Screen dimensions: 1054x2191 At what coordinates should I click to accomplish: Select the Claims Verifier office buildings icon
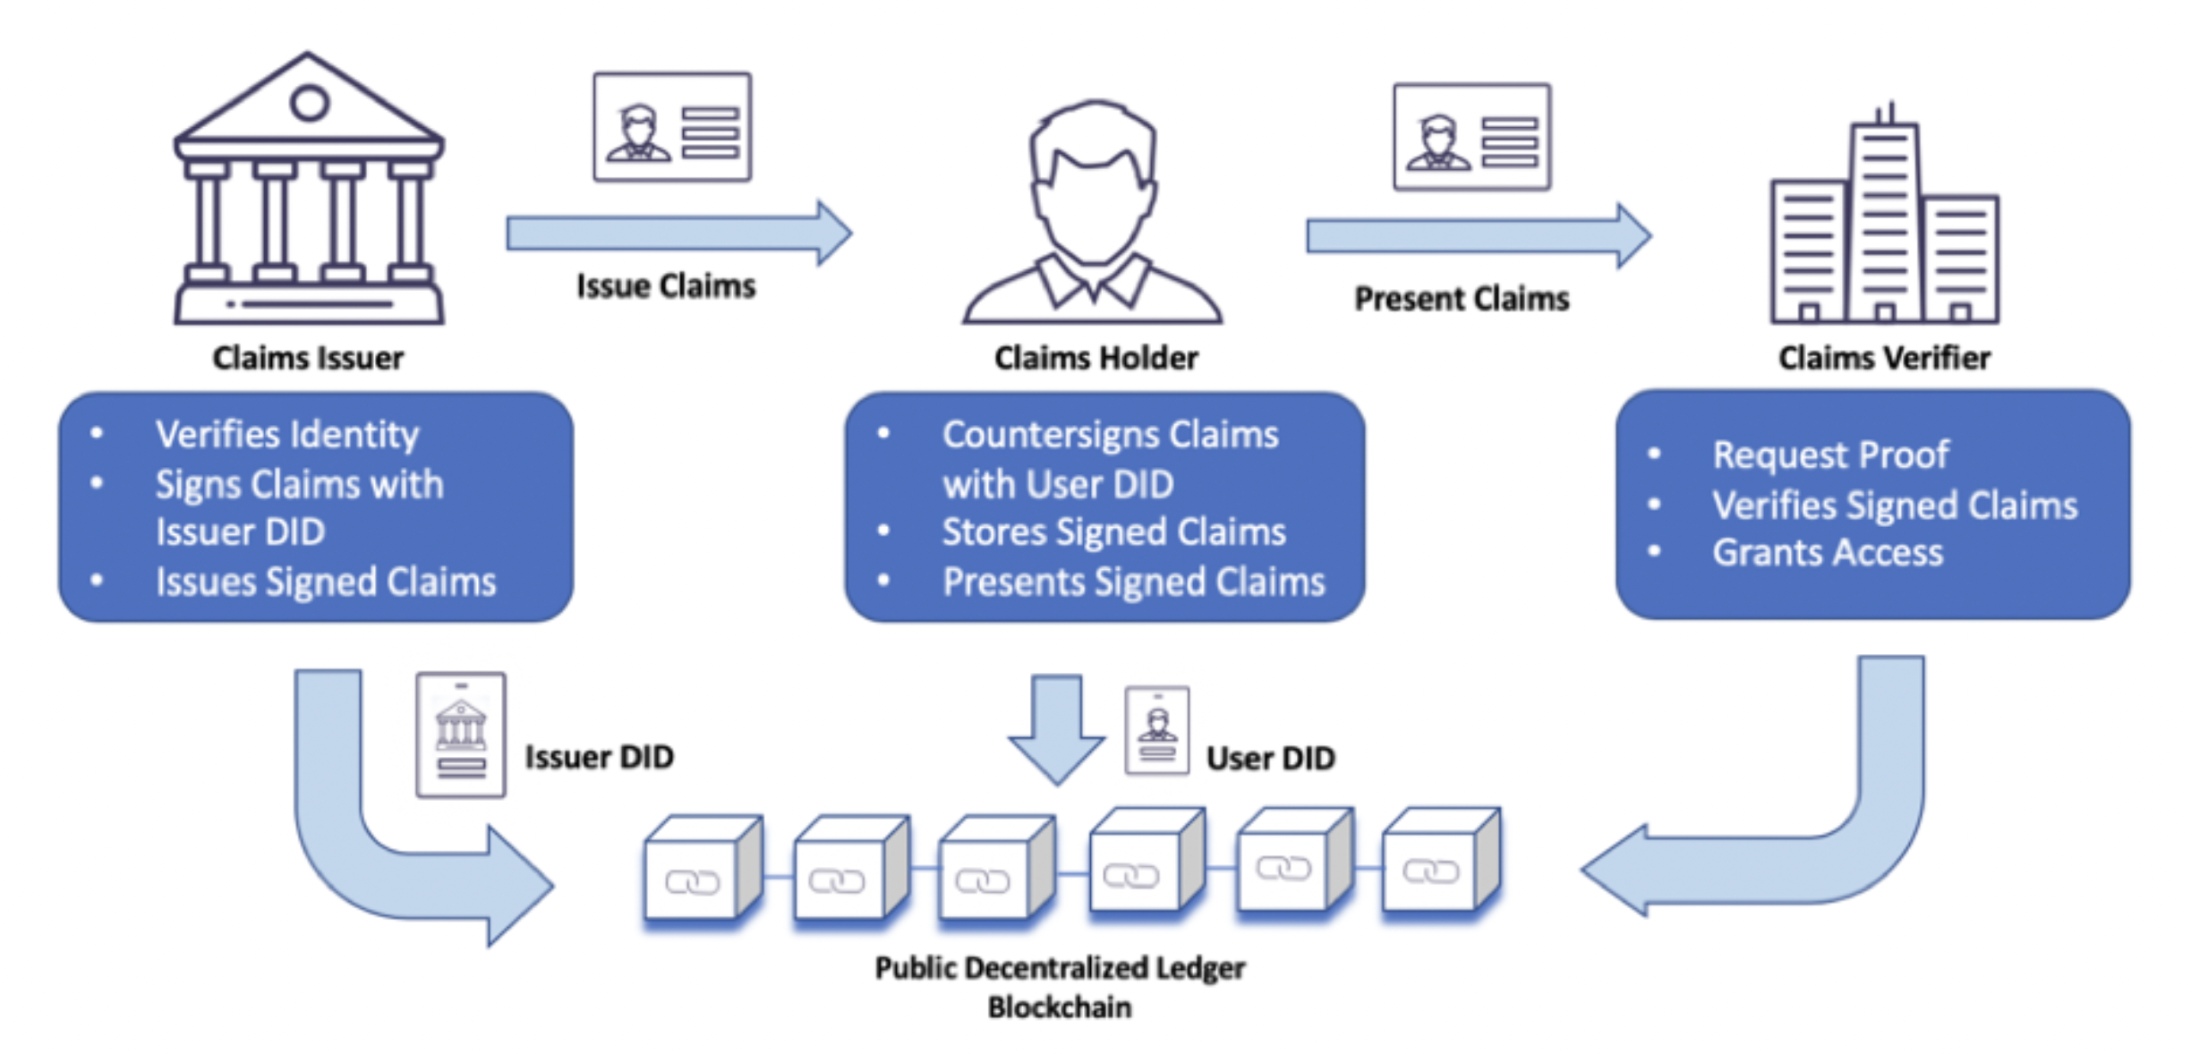(1884, 219)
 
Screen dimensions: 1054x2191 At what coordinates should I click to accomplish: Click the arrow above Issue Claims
(678, 234)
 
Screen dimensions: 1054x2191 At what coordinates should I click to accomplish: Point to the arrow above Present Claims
(1479, 236)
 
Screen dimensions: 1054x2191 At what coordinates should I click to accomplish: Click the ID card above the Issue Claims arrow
(672, 127)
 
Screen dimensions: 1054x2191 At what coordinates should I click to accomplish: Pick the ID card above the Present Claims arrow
(1471, 137)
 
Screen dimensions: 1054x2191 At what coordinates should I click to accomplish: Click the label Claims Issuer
(308, 358)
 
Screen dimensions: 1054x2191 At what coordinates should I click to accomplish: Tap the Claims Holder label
(1095, 358)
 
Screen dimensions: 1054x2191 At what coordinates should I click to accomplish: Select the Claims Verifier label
(1884, 358)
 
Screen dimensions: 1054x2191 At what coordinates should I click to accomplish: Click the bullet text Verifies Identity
(286, 435)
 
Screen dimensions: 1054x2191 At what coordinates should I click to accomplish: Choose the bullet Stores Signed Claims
(1113, 532)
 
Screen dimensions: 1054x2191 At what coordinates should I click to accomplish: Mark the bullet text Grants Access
(1828, 553)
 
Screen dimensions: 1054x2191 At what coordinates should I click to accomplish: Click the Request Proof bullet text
(1830, 455)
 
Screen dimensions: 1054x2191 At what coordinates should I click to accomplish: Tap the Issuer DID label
(599, 757)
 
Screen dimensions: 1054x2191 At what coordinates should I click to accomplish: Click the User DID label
(1270, 759)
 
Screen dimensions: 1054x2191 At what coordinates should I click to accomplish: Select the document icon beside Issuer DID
(461, 735)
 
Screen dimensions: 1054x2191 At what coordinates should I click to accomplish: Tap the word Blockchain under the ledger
(1060, 1007)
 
